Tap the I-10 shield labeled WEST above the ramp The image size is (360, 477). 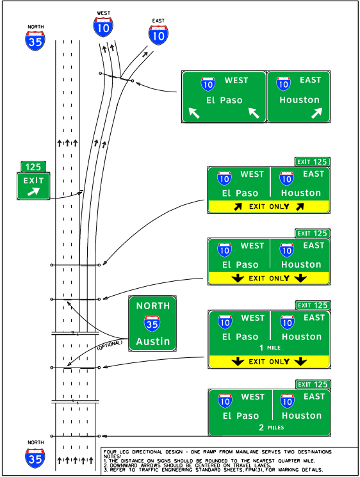point(102,26)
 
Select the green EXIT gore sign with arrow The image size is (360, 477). point(33,186)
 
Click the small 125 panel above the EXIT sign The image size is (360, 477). point(33,167)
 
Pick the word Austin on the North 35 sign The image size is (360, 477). point(153,341)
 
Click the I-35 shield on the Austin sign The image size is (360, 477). point(152,324)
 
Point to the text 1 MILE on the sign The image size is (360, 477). point(268,348)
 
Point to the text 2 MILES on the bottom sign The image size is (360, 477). point(268,427)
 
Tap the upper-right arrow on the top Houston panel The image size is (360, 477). point(316,113)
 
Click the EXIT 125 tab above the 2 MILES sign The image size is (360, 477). point(312,385)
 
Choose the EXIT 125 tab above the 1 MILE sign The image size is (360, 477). point(312,305)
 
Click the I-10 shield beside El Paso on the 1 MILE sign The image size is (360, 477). point(224,322)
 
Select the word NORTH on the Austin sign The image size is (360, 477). point(153,306)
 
